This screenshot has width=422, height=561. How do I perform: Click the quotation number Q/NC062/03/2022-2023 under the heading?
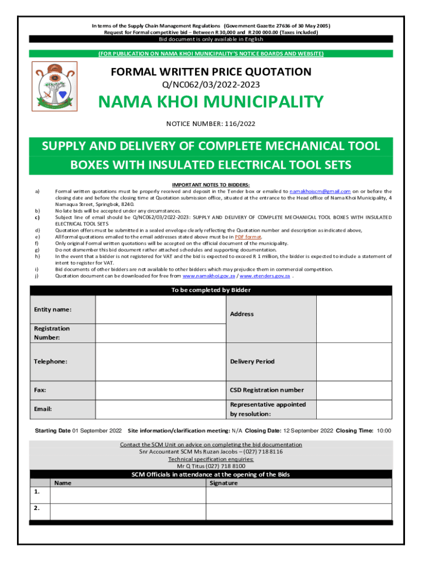pyautogui.click(x=211, y=84)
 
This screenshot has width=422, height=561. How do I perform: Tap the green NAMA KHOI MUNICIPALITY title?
pyautogui.click(x=211, y=102)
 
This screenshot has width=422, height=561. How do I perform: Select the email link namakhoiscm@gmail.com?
pyautogui.click(x=320, y=191)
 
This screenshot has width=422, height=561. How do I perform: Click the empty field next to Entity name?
pyautogui.click(x=160, y=310)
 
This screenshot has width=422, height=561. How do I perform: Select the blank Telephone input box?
pyautogui.click(x=160, y=361)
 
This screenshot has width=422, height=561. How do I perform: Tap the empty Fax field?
pyautogui.click(x=160, y=390)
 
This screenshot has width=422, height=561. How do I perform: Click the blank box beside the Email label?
pyautogui.click(x=160, y=409)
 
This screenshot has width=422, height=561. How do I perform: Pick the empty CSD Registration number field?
pyautogui.click(x=354, y=390)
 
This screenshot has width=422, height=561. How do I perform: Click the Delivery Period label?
pyautogui.click(x=252, y=362)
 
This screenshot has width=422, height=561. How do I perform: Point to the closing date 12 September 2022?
pyautogui.click(x=308, y=431)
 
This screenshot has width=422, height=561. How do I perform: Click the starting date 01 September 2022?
pyautogui.click(x=97, y=431)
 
